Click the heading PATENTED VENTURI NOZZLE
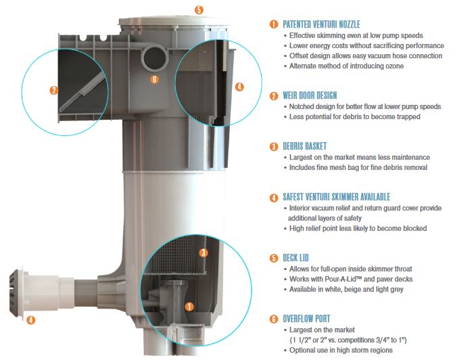pyautogui.click(x=321, y=24)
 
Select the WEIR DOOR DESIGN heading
pyautogui.click(x=310, y=95)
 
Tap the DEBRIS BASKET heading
pyautogui.click(x=304, y=146)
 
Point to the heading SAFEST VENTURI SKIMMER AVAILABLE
pyautogui.click(x=337, y=197)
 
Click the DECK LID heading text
pyautogui.click(x=295, y=258)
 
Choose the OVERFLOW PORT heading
pyautogui.click(x=306, y=319)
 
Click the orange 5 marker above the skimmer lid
pyautogui.click(x=199, y=9)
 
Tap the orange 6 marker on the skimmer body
pyautogui.click(x=155, y=79)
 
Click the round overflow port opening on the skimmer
pyautogui.click(x=154, y=58)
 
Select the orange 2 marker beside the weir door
pyautogui.click(x=54, y=90)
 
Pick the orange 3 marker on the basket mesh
pyautogui.click(x=203, y=253)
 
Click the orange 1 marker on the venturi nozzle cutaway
pyautogui.click(x=189, y=307)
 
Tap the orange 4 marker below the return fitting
pyautogui.click(x=30, y=320)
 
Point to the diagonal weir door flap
pyautogui.click(x=82, y=91)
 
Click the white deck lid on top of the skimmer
pyautogui.click(x=174, y=22)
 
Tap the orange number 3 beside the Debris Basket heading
pyautogui.click(x=274, y=146)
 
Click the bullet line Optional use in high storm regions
pyautogui.click(x=341, y=350)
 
